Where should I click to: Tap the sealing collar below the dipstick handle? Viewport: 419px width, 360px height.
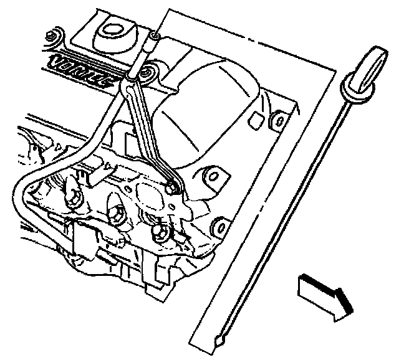(x=359, y=89)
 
